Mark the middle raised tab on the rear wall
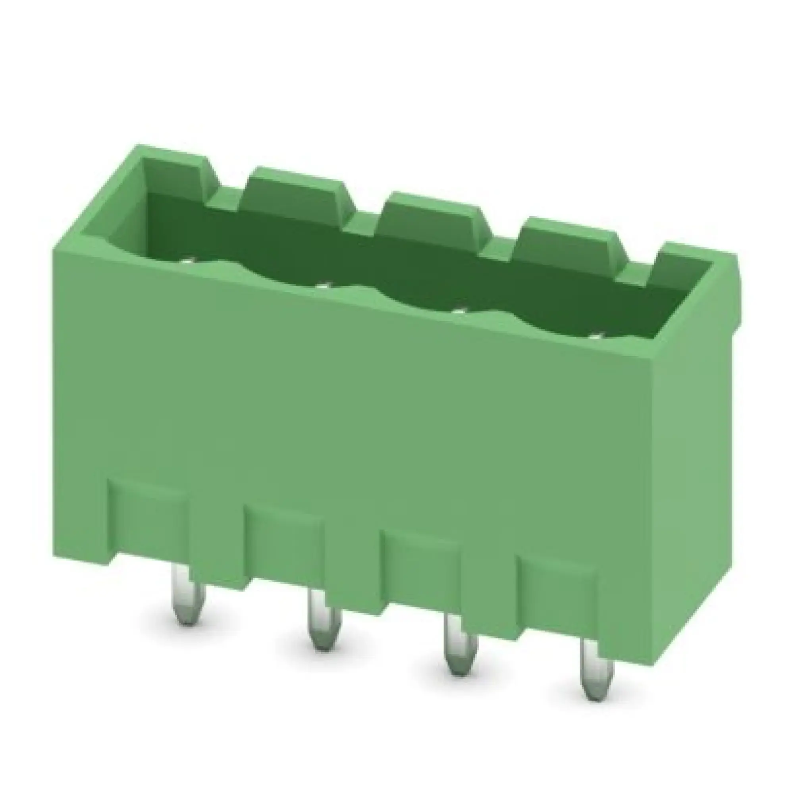(x=436, y=222)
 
